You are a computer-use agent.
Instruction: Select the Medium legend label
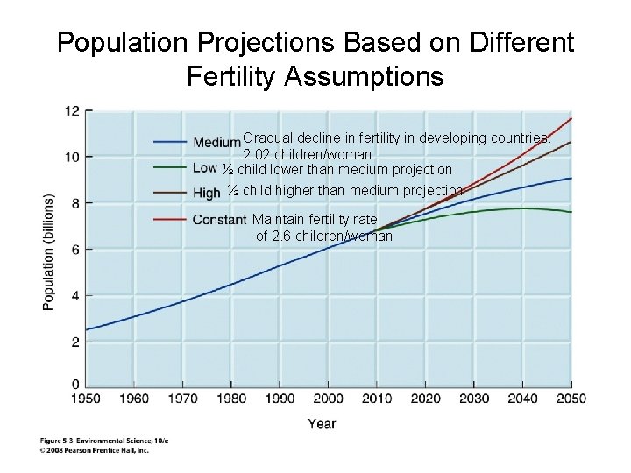pos(216,143)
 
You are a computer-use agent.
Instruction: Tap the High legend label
pos(206,193)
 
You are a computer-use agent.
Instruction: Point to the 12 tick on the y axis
pos(72,111)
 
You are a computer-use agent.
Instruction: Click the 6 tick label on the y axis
pos(75,250)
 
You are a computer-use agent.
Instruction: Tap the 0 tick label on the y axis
pos(75,384)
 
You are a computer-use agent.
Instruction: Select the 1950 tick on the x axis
pos(87,399)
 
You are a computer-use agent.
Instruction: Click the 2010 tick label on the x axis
pos(377,399)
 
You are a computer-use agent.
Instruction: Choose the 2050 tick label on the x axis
pos(571,399)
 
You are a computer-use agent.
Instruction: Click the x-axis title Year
pos(322,424)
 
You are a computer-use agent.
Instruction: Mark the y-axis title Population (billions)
pos(49,252)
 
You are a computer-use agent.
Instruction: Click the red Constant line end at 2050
pos(571,117)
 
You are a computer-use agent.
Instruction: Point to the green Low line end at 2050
pos(571,212)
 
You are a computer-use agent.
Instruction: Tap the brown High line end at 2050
pos(571,141)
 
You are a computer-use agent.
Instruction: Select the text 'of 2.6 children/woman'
pos(323,236)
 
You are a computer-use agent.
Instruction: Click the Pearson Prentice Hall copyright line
pos(95,450)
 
